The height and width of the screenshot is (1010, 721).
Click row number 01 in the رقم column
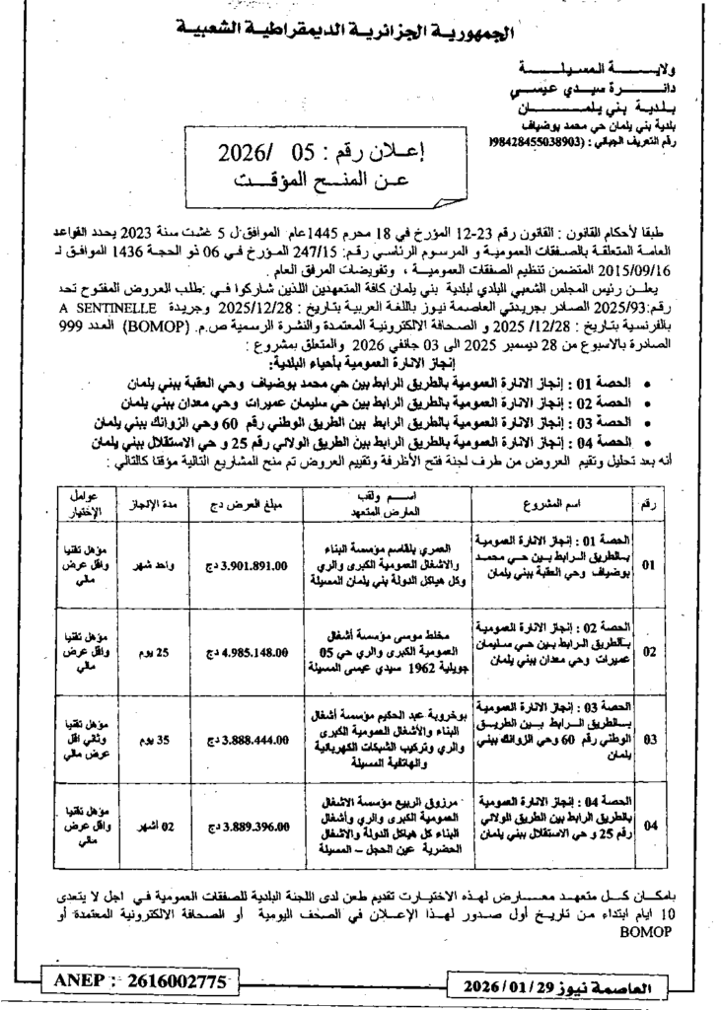pyautogui.click(x=648, y=566)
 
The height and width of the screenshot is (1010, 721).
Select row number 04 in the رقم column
pyautogui.click(x=648, y=825)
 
